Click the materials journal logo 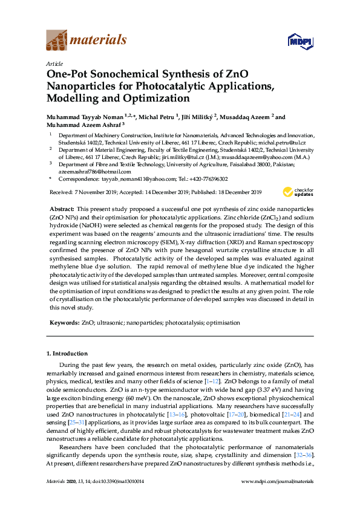(x=87, y=41)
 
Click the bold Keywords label (x=64, y=323)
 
